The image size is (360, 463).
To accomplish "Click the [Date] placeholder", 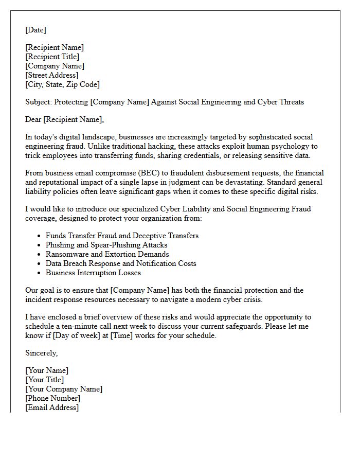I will tap(35, 30).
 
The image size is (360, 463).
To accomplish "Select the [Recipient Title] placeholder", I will tap(52, 57).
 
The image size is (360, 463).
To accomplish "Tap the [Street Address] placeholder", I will tap(52, 75).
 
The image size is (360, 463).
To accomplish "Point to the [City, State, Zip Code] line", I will tap(62, 84).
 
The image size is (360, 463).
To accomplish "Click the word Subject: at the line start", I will tap(39, 102).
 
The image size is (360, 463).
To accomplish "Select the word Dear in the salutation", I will tap(33, 120).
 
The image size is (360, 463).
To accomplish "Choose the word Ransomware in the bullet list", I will tap(65, 254).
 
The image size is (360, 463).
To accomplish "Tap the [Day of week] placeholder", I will tap(78, 335).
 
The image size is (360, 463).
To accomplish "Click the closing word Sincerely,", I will tap(42, 353).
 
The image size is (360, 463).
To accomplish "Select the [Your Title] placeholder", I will tap(45, 380).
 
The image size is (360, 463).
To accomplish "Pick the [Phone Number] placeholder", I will tap(52, 398).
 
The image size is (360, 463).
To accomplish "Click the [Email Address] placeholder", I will tap(52, 407).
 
